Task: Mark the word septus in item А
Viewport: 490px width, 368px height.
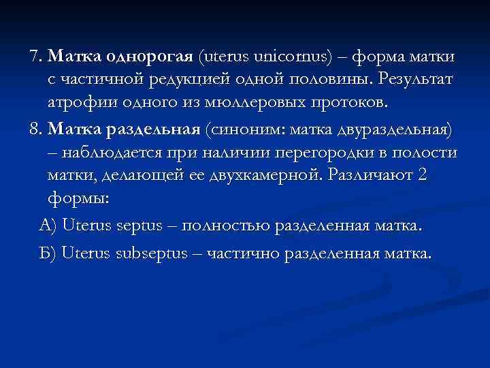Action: coord(142,226)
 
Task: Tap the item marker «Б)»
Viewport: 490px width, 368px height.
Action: coord(48,254)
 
